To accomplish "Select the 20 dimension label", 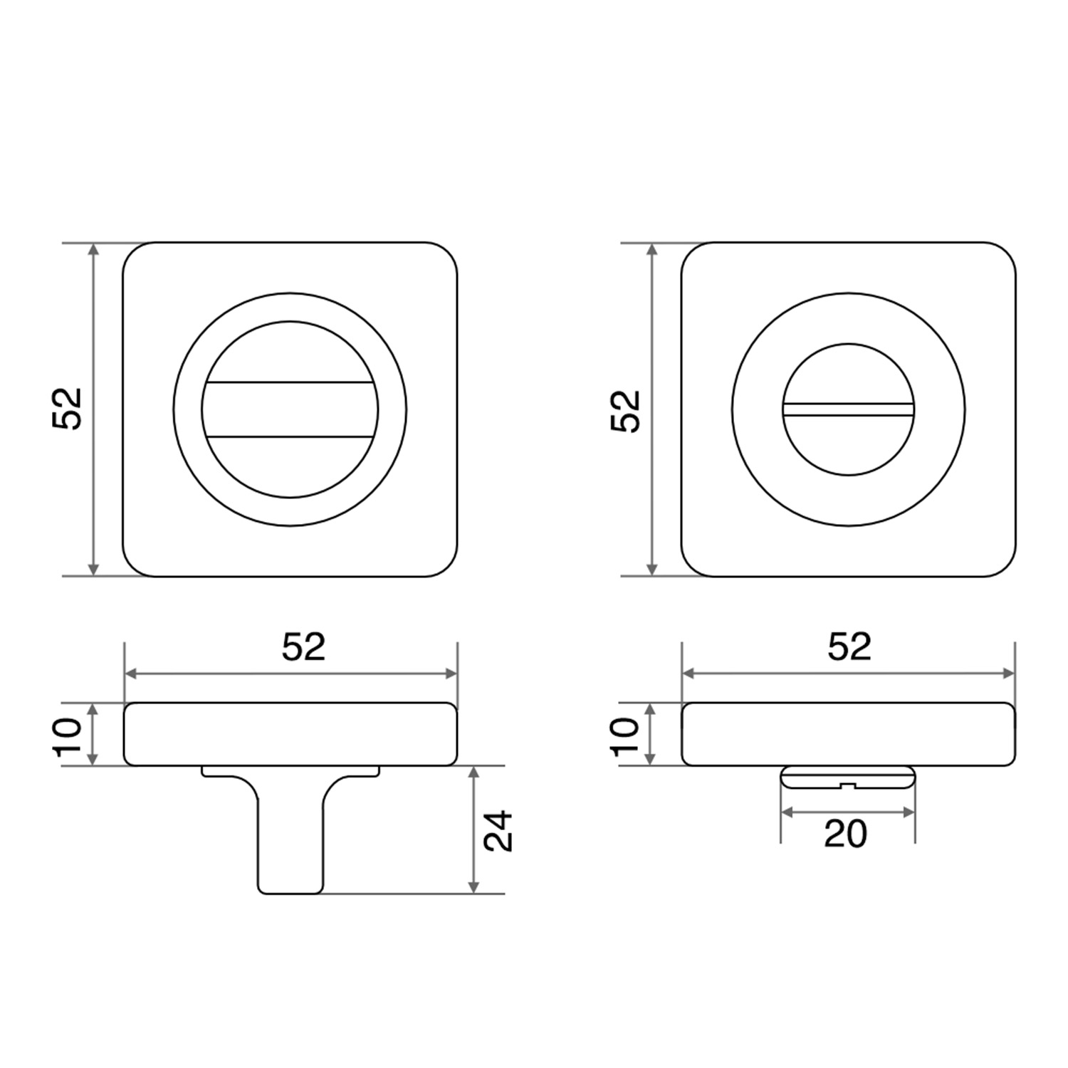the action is pos(846,834).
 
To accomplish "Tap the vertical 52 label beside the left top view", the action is pos(68,409).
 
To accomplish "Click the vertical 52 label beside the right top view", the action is pos(627,411).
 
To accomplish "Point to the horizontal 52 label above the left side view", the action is pos(304,646).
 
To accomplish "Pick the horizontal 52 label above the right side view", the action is pos(850,646).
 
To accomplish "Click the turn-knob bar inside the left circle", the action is pos(290,409).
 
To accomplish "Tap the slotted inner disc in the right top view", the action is pos(848,409).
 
